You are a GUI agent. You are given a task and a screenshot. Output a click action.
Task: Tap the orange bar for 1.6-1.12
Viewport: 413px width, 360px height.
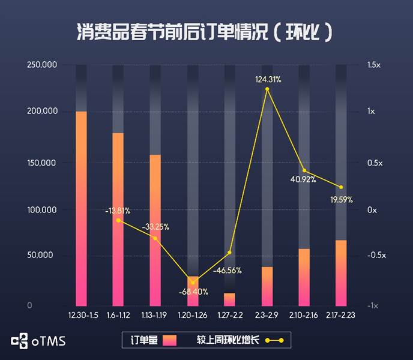118,219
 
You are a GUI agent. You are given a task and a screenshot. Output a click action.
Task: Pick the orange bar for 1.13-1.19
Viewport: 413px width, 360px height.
155,231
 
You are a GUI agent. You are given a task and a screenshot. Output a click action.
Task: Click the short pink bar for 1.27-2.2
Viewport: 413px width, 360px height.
229,299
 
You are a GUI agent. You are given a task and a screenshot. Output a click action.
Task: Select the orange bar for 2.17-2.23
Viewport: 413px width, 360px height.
341,273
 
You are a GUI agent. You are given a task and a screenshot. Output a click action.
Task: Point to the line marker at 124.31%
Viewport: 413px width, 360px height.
267,89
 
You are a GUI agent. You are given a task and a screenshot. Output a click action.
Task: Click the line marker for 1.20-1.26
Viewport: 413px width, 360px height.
192,282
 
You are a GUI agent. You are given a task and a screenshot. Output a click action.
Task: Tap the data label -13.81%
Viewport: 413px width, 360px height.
118,211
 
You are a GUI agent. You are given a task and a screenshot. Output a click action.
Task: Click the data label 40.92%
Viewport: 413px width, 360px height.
303,179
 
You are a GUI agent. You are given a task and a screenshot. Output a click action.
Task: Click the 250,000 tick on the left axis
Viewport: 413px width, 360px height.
41,65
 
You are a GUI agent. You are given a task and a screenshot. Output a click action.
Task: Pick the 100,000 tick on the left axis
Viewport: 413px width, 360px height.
41,210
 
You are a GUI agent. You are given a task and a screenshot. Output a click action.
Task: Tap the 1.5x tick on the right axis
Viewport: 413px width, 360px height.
374,65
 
